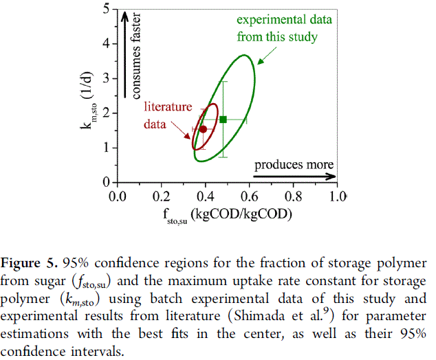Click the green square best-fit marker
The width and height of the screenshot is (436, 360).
[224, 119]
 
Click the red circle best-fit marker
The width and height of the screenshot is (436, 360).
[203, 128]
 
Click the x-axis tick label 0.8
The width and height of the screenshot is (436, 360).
[294, 196]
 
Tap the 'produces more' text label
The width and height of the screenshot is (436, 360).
[294, 165]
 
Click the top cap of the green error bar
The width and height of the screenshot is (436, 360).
[224, 81]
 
